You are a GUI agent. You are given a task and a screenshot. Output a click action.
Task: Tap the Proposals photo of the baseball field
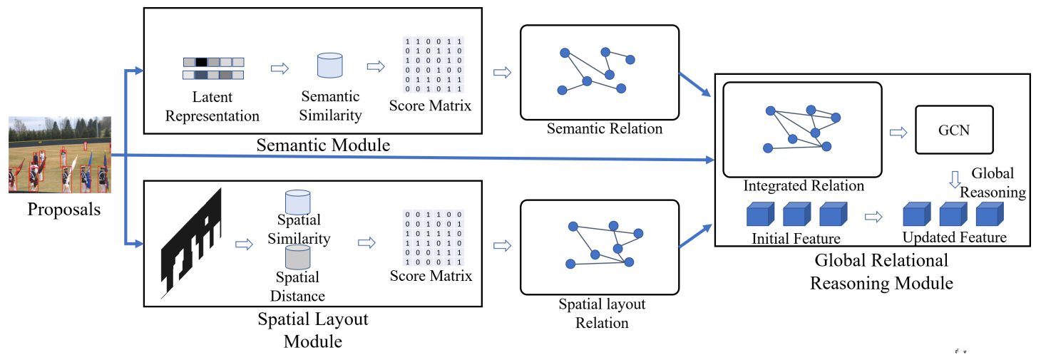60,155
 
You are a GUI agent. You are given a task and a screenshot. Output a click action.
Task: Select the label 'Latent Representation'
212,106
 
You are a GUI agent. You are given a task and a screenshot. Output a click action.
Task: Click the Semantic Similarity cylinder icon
329,66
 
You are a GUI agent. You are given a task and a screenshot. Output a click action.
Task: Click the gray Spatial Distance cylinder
297,257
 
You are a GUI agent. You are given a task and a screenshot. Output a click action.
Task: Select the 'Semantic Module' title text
324,145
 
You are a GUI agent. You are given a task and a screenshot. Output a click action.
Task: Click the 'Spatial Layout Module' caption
313,329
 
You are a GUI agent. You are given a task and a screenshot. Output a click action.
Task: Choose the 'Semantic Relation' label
605,129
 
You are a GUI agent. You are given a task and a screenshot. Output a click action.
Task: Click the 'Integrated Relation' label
804,186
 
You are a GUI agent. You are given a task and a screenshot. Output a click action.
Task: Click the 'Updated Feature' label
954,237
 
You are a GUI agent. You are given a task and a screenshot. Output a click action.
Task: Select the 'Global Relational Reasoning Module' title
881,271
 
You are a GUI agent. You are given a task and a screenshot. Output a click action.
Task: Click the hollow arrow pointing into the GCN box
898,131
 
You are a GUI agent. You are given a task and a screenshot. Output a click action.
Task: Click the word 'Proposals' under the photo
64,210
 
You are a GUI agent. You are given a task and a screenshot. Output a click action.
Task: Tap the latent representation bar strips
213,68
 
